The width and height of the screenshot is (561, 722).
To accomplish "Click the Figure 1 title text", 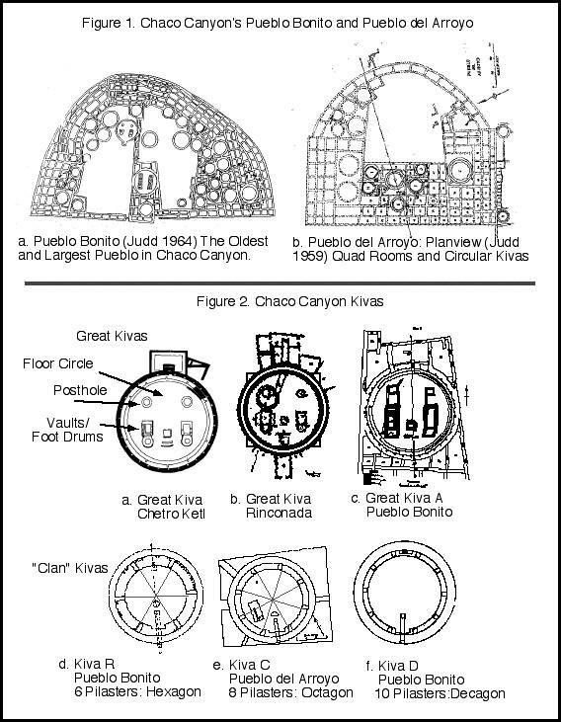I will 280,22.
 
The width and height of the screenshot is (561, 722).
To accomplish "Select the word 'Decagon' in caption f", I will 475,693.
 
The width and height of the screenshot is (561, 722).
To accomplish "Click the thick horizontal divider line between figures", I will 280,282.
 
